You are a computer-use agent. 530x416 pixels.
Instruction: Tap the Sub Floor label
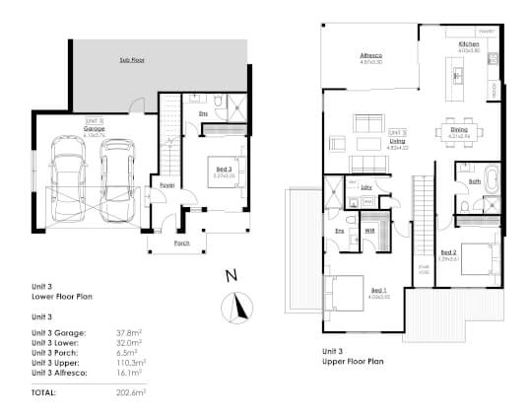tap(134, 61)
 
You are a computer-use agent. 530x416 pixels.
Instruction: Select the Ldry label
tap(365, 186)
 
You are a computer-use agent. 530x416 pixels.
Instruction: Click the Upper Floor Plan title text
tap(353, 362)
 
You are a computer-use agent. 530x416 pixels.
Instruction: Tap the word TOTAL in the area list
tap(40, 392)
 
